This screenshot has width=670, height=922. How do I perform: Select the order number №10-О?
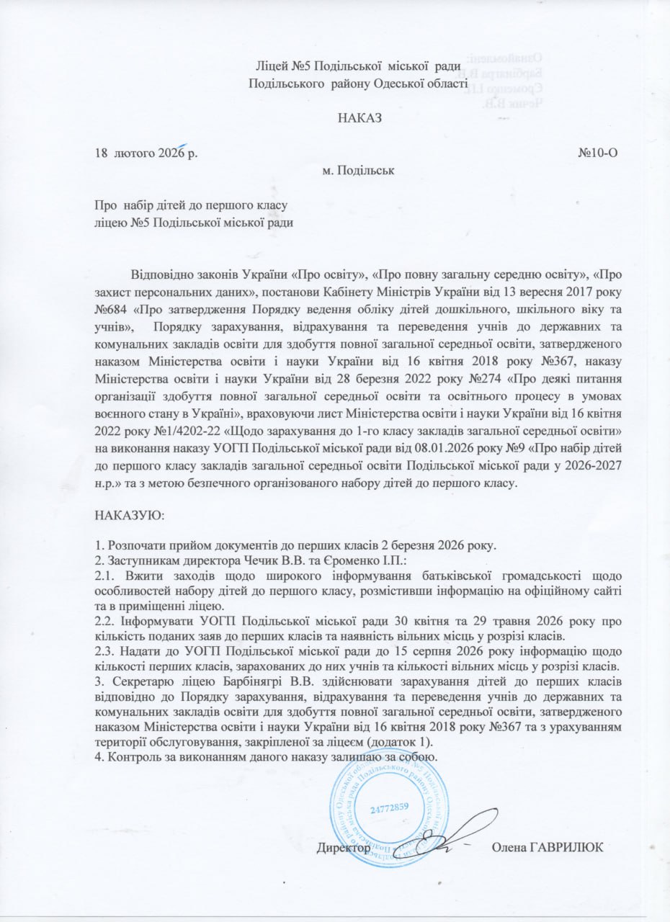(x=597, y=153)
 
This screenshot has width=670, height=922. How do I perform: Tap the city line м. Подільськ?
(x=359, y=171)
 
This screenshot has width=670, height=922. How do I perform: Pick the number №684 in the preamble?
(x=112, y=310)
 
